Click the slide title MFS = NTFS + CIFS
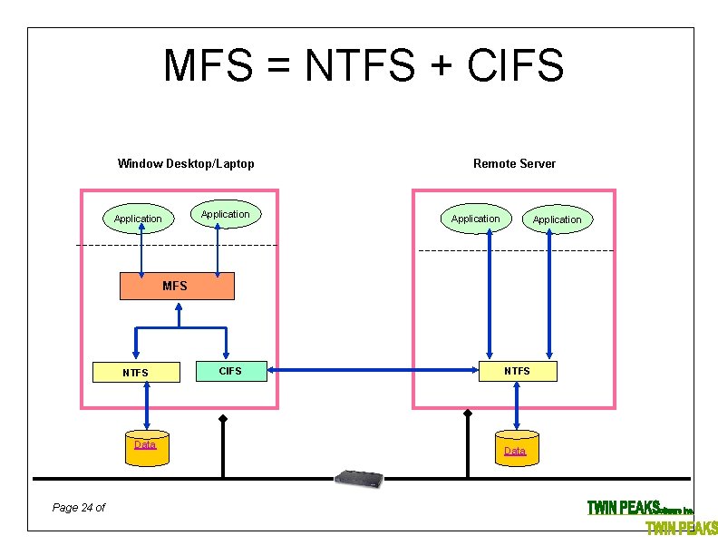click(364, 65)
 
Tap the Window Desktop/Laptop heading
click(186, 163)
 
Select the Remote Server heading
click(514, 163)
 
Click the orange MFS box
click(177, 286)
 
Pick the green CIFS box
click(231, 370)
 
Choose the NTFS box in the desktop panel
click(135, 372)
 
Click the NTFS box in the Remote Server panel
click(517, 370)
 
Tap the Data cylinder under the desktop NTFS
click(146, 447)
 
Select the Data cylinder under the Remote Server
click(515, 451)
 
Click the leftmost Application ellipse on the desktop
click(138, 219)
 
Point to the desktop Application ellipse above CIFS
click(225, 214)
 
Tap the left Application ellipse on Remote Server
click(475, 219)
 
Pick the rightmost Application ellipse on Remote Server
click(557, 219)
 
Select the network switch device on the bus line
click(359, 477)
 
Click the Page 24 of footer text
click(79, 507)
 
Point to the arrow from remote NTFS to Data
click(516, 404)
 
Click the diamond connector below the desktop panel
click(222, 419)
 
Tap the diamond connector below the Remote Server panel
click(468, 414)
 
